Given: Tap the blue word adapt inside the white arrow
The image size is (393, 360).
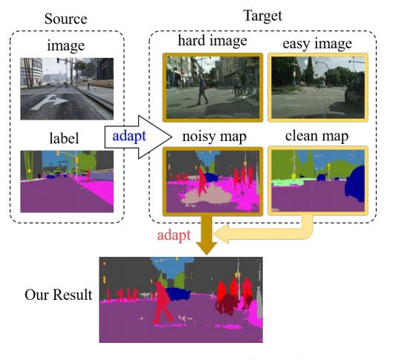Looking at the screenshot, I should [130, 137].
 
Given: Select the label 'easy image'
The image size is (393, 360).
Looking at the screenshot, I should [317, 44].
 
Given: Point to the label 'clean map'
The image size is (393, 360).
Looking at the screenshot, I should [317, 137].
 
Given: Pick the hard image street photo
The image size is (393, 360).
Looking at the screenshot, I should [212, 88].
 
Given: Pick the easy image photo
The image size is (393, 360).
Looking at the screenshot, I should [317, 88].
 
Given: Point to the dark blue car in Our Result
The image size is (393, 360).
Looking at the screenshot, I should [178, 292].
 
